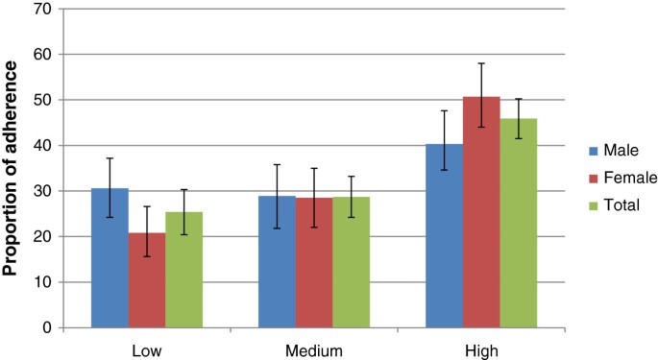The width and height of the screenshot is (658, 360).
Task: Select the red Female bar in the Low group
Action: (146, 280)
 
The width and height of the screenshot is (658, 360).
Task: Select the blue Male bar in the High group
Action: (445, 236)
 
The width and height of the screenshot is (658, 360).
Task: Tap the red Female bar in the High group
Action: (481, 212)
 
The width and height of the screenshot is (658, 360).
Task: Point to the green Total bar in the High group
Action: (519, 224)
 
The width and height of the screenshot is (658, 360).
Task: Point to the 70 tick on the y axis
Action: (44, 10)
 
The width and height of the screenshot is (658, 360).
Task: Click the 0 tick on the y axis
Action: (48, 327)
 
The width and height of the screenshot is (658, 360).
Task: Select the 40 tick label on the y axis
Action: (44, 146)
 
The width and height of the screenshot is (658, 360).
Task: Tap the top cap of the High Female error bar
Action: (481, 63)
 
